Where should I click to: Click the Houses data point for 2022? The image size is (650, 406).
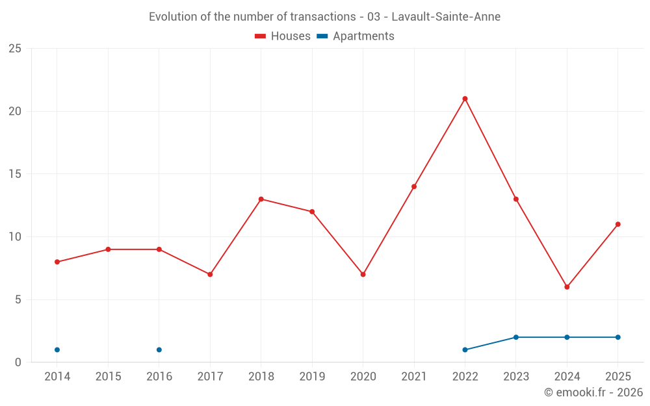tap(465, 99)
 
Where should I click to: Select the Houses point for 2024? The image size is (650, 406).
tap(567, 286)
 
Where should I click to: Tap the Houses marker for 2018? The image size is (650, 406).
tap(261, 199)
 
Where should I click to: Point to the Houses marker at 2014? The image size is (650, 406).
tap(57, 262)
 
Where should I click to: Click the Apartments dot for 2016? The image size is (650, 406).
tap(159, 349)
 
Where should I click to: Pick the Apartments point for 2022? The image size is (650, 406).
tap(465, 349)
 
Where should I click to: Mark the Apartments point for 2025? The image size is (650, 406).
tap(617, 337)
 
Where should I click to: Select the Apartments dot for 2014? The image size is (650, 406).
tap(57, 349)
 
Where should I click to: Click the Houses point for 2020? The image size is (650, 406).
tap(363, 274)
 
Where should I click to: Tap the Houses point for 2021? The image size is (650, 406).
tap(413, 186)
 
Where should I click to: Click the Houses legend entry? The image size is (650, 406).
tap(283, 36)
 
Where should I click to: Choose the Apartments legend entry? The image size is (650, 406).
tap(356, 36)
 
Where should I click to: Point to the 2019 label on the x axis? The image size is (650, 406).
tap(312, 377)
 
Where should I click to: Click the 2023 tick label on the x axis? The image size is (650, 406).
tap(515, 377)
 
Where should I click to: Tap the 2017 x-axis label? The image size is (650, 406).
tap(210, 377)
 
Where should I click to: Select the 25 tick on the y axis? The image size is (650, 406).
tap(15, 49)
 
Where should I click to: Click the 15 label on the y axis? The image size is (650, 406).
tap(15, 174)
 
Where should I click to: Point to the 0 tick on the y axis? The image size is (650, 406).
tap(18, 362)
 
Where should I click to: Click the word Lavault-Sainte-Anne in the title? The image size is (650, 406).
tap(446, 17)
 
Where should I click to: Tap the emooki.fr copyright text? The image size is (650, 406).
tap(593, 392)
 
